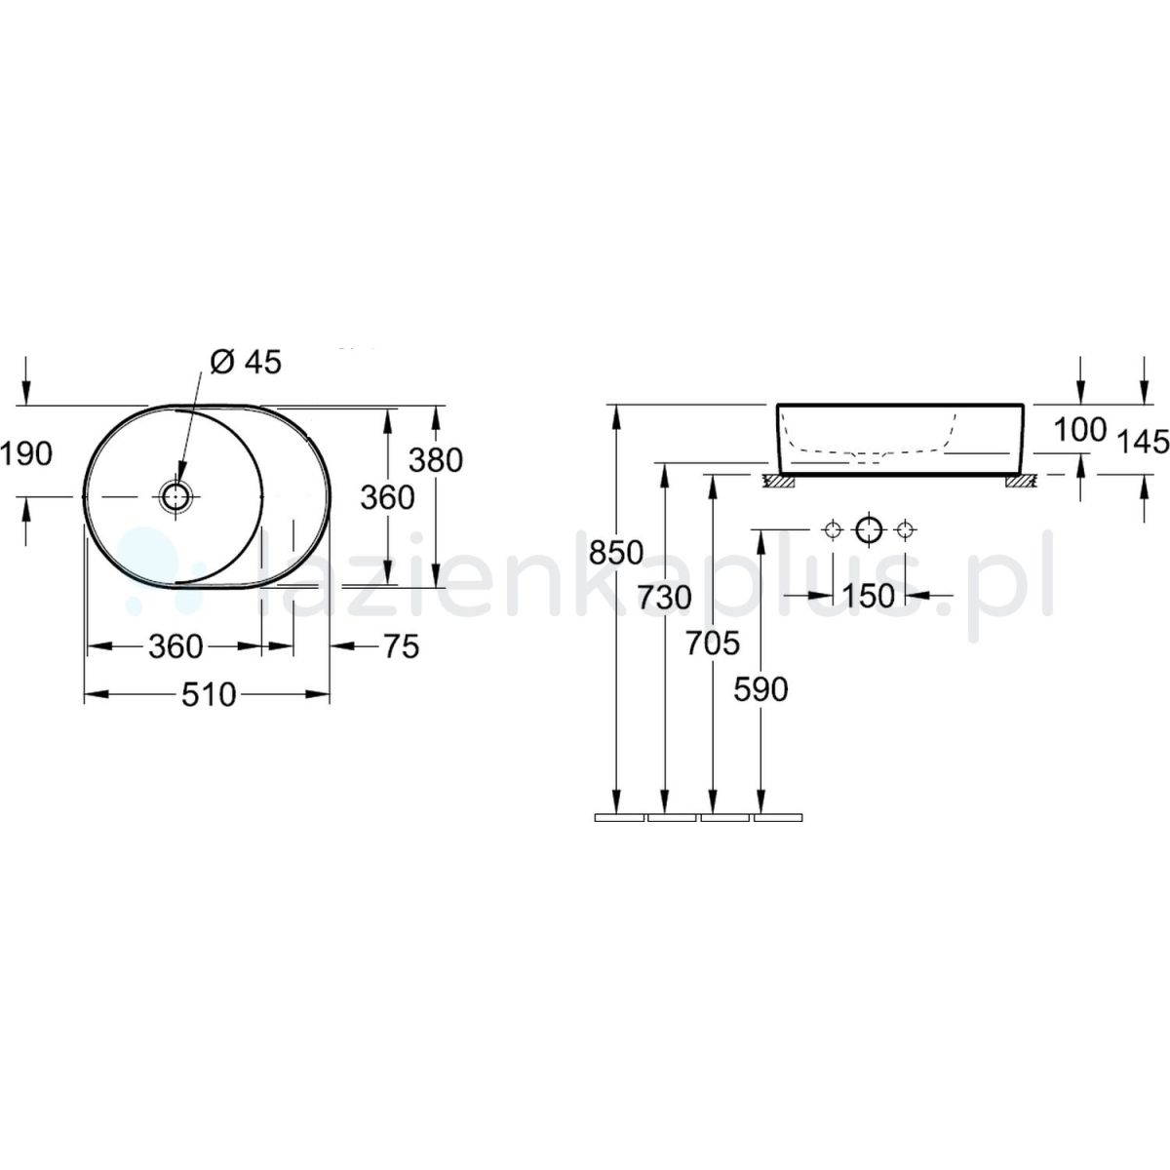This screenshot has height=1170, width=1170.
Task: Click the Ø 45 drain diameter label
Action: click(x=246, y=363)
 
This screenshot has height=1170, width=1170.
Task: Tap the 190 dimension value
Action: click(x=27, y=454)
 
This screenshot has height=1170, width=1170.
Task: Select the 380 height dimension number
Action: click(x=436, y=460)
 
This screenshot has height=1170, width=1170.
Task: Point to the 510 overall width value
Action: click(x=209, y=694)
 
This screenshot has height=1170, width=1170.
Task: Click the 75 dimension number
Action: click(x=402, y=646)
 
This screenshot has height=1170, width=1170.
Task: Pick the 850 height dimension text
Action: click(x=616, y=553)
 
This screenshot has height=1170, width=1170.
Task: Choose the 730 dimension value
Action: click(x=665, y=598)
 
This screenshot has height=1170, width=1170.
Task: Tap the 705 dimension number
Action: click(x=713, y=643)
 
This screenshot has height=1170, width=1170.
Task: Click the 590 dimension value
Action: click(x=760, y=689)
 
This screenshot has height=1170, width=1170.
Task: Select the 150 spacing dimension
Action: click(x=869, y=597)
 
